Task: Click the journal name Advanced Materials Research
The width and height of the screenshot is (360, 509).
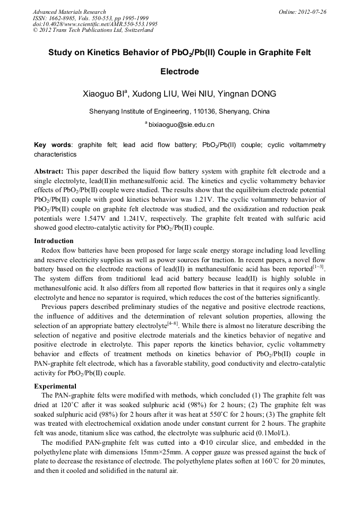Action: point(70,12)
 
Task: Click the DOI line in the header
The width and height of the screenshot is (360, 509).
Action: point(95,24)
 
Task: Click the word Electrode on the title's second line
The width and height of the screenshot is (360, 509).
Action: point(179,71)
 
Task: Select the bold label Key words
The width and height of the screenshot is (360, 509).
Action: point(53,145)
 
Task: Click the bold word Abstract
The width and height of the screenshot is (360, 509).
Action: point(49,171)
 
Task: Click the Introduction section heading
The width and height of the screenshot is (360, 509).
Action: point(54,241)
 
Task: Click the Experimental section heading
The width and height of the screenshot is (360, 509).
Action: point(55,386)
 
